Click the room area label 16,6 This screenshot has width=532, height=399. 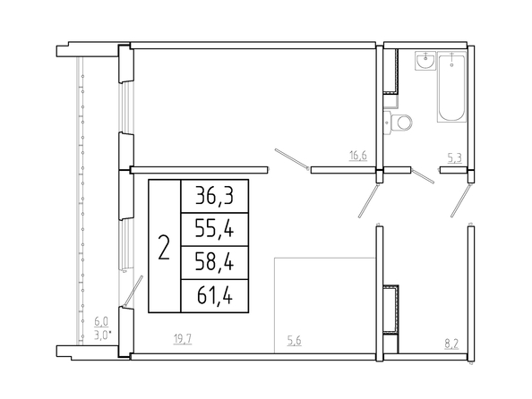coord(358,156)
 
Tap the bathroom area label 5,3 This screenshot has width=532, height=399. coord(455,158)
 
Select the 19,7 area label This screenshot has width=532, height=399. coord(183,339)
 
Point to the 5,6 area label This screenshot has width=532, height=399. coord(294,341)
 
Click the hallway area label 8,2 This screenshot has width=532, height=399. coord(451,344)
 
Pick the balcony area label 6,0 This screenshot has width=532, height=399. coord(101,320)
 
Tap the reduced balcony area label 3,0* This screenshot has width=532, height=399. coord(102,335)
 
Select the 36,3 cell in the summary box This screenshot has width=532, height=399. coord(214,196)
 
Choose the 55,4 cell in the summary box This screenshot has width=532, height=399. coord(214,229)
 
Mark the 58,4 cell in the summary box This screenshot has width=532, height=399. coord(214,262)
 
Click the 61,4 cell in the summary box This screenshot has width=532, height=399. coord(214,295)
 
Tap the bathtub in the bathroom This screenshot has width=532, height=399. coord(451,87)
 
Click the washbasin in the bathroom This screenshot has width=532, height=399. coord(425,61)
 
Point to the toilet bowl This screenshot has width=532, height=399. coord(399,123)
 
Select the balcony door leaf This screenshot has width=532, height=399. coord(133,291)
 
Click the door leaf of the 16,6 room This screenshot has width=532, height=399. coord(292,159)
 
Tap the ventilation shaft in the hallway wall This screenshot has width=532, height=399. coord(390,310)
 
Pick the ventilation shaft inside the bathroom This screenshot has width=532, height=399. coord(390,72)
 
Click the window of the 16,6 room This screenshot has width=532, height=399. coord(126,107)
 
